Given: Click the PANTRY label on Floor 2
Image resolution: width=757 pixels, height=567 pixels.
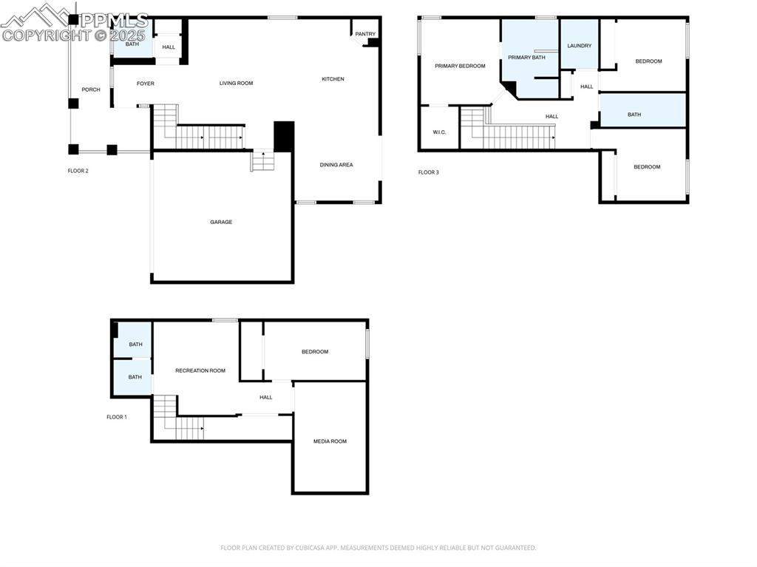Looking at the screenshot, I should point(365,34).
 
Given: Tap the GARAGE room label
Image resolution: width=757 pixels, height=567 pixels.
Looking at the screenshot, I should point(221,222).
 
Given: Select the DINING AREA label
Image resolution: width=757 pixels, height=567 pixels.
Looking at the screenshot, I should point(336,165).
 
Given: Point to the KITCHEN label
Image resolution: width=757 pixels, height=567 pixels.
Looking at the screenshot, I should point(333,79).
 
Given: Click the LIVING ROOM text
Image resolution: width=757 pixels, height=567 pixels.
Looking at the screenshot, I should point(236,84).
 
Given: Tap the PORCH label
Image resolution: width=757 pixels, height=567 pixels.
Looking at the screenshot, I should point(91,89).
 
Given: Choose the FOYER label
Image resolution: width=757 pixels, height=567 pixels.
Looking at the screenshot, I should point(146,84).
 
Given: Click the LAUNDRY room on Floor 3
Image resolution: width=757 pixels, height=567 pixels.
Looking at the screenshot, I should point(579,46).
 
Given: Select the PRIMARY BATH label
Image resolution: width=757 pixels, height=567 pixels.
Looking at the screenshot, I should point(526,57).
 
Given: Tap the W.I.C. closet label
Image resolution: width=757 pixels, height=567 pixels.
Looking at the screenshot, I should point(439,132).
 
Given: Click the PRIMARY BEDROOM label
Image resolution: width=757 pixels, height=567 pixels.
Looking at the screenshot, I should point(460,66).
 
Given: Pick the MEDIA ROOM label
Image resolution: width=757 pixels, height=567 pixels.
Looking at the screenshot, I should point(330,441).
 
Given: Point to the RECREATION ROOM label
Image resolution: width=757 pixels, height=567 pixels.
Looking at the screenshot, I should point(200,370).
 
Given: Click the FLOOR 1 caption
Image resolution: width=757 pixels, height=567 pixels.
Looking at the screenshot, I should point(117,417).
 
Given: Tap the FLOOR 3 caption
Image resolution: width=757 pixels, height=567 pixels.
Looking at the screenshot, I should point(429,172).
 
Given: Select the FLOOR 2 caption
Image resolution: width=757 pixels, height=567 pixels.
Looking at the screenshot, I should point(78,171).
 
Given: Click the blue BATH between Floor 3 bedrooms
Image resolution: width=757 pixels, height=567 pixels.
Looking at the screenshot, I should point(634,115).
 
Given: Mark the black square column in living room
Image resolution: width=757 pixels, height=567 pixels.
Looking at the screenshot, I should point(284,137).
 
